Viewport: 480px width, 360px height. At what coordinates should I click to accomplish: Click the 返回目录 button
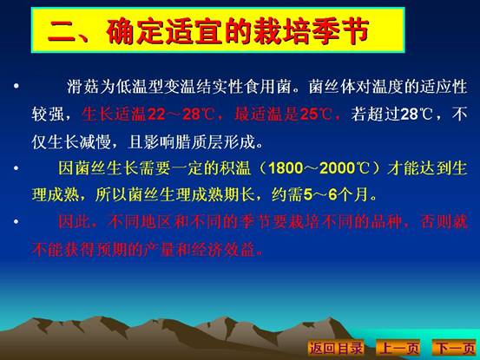(336, 348)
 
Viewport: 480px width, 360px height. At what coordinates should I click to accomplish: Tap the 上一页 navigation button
(398, 348)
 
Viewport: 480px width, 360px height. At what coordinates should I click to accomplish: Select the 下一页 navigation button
(455, 348)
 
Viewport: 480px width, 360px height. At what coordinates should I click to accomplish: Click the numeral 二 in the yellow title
(62, 31)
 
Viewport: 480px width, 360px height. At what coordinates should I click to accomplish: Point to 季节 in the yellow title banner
(340, 30)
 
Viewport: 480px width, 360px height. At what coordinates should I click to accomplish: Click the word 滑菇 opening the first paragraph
(83, 87)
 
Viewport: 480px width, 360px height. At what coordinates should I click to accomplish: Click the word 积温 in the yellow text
(235, 168)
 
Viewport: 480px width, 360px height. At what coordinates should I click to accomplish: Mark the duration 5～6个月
(336, 195)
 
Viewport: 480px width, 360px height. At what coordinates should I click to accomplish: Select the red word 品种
(386, 221)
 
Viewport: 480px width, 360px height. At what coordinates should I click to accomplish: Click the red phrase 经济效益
(223, 250)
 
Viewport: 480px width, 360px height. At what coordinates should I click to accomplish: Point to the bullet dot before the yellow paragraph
(16, 168)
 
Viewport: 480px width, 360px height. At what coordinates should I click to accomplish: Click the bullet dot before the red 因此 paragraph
(16, 221)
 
